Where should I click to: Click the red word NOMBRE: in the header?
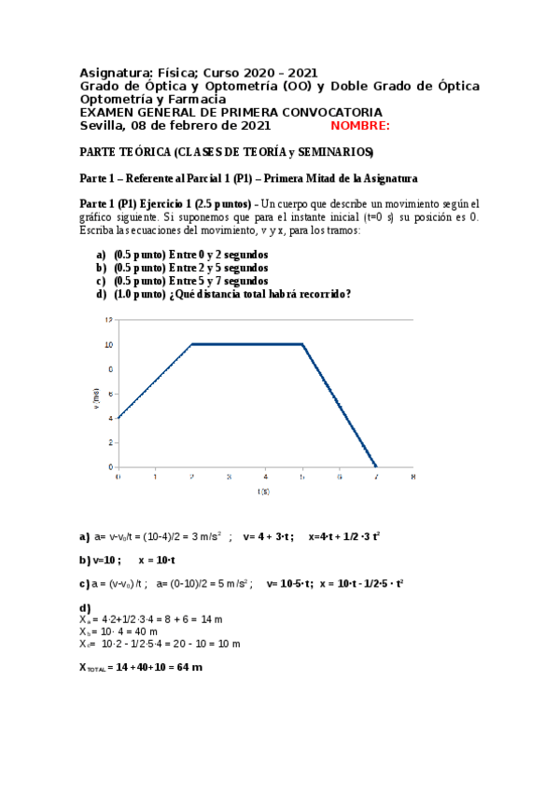360,126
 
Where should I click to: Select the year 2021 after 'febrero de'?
254,126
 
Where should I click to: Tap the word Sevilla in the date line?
101,126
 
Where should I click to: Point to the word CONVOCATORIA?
327,112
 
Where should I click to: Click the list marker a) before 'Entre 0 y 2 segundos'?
102,255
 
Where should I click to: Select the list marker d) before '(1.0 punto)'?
102,294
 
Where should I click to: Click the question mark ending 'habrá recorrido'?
348,294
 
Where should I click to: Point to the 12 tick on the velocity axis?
109,320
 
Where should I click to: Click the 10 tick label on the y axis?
109,344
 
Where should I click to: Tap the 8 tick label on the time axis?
412,476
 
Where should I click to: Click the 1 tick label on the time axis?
155,476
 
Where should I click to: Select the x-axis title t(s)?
265,491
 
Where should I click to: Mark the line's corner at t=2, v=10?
191,344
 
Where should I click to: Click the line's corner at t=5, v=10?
302,344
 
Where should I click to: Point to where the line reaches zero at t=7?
375,465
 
